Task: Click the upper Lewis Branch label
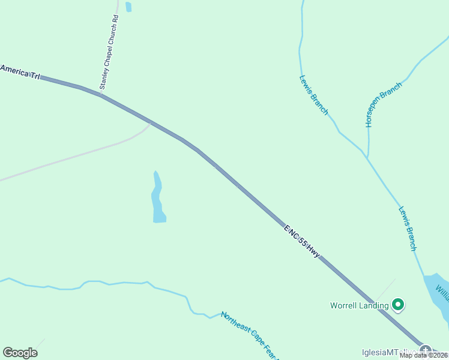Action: (313, 94)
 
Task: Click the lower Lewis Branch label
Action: (407, 229)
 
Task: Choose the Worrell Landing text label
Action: (359, 305)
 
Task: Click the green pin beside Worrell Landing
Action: (397, 305)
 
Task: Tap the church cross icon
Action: (426, 350)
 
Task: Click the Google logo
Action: (20, 352)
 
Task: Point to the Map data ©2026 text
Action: (424, 355)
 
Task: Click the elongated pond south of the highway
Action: (157, 198)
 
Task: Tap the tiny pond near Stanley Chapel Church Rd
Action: (128, 7)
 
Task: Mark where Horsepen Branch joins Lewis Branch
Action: (366, 157)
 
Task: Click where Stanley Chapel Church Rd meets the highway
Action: (101, 94)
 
